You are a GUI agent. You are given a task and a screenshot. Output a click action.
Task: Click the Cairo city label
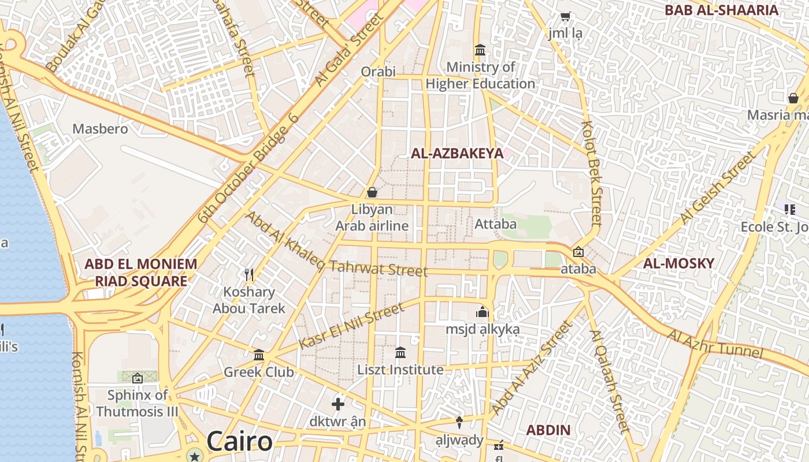pyautogui.click(x=239, y=442)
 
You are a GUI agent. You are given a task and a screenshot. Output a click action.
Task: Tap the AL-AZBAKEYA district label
pyautogui.click(x=457, y=154)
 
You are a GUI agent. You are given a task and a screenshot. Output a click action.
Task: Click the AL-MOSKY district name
pyautogui.click(x=678, y=263)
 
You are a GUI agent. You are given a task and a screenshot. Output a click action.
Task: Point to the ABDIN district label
pyautogui.click(x=548, y=430)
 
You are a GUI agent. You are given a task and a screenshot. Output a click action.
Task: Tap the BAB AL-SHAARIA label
pyautogui.click(x=721, y=10)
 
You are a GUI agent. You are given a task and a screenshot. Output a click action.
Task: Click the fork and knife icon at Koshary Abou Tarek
pyautogui.click(x=249, y=274)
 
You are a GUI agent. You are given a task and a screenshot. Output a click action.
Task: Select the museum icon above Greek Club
pyautogui.click(x=259, y=355)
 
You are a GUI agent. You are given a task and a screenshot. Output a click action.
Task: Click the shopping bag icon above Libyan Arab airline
pyautogui.click(x=372, y=192)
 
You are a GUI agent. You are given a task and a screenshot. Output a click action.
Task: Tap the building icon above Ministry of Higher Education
pyautogui.click(x=480, y=50)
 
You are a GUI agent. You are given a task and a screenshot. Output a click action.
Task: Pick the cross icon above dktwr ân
pyautogui.click(x=338, y=404)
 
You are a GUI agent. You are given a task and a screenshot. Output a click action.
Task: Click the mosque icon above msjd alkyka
pyautogui.click(x=483, y=312)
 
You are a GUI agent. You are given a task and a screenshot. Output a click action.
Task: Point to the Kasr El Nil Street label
pyautogui.click(x=351, y=326)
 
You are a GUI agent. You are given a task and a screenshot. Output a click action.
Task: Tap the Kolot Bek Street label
pyautogui.click(x=592, y=173)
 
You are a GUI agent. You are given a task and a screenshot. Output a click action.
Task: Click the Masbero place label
pyautogui.click(x=100, y=128)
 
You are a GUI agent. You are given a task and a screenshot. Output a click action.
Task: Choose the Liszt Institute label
pyautogui.click(x=400, y=370)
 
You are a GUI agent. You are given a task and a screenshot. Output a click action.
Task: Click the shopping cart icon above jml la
pyautogui.click(x=565, y=17)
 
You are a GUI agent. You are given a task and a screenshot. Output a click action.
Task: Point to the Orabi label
pyautogui.click(x=378, y=72)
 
